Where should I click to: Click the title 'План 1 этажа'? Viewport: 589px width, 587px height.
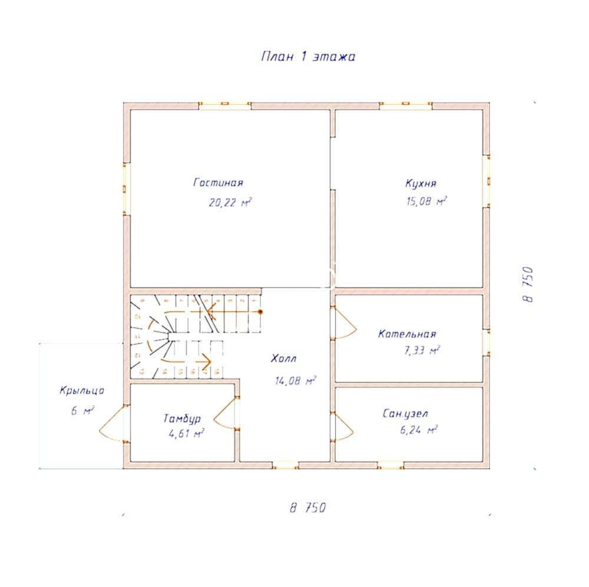307,57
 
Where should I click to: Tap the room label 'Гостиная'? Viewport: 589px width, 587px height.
218,183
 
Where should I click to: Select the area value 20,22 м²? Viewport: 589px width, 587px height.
230,203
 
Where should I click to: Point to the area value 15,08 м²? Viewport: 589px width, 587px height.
426,201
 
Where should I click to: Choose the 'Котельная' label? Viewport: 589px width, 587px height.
407,334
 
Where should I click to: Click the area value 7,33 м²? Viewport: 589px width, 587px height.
420,351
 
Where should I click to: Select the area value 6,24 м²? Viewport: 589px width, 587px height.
418,430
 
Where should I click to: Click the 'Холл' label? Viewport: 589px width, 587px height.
284,359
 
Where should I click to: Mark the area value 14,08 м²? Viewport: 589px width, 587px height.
295,381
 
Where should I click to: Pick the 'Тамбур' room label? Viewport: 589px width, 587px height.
182,419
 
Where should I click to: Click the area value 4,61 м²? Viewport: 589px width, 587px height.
186,435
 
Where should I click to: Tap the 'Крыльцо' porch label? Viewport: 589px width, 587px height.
82,390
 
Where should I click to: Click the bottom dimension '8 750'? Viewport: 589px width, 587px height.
307,508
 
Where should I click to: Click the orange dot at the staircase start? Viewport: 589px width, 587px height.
260,311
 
